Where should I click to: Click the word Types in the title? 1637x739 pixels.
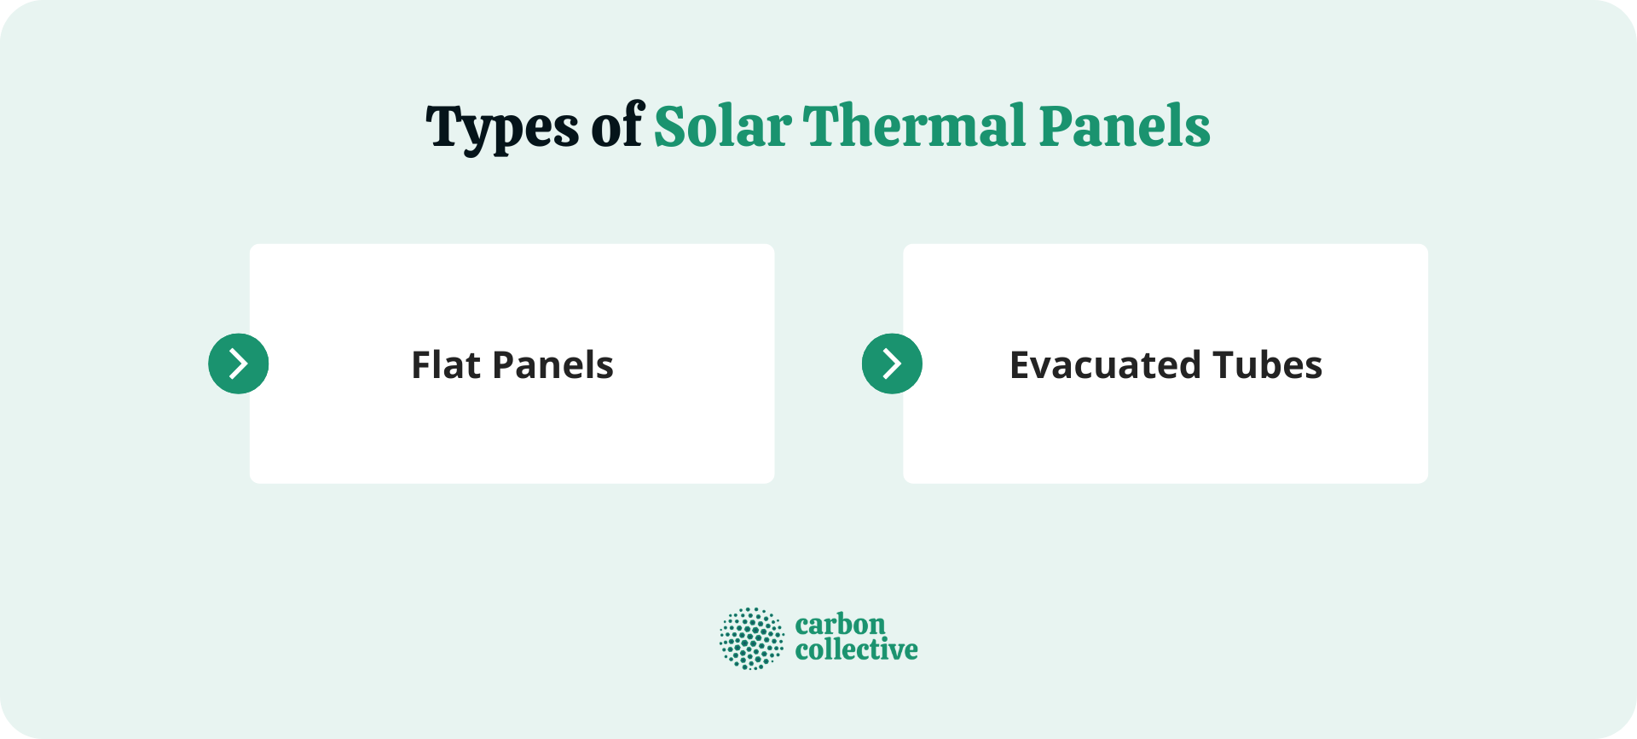[502, 128]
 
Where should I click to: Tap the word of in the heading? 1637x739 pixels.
[617, 126]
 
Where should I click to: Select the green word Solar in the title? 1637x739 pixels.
[722, 126]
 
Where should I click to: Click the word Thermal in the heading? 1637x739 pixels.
[915, 126]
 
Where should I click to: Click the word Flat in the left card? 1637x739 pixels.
[446, 365]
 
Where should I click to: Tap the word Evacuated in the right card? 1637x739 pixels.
[1105, 365]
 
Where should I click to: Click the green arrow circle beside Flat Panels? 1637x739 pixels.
[239, 364]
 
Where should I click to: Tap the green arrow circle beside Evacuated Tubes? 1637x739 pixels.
[892, 364]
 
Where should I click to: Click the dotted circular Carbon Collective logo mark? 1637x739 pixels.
[751, 638]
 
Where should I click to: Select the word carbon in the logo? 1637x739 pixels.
[840, 624]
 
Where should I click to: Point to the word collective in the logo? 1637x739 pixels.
[856, 650]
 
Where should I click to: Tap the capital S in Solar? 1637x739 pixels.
[670, 126]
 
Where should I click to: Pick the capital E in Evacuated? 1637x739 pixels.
[1021, 365]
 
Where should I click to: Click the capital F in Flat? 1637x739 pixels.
[421, 365]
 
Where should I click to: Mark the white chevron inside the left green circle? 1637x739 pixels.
[240, 364]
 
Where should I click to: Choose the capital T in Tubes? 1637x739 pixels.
[1223, 365]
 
